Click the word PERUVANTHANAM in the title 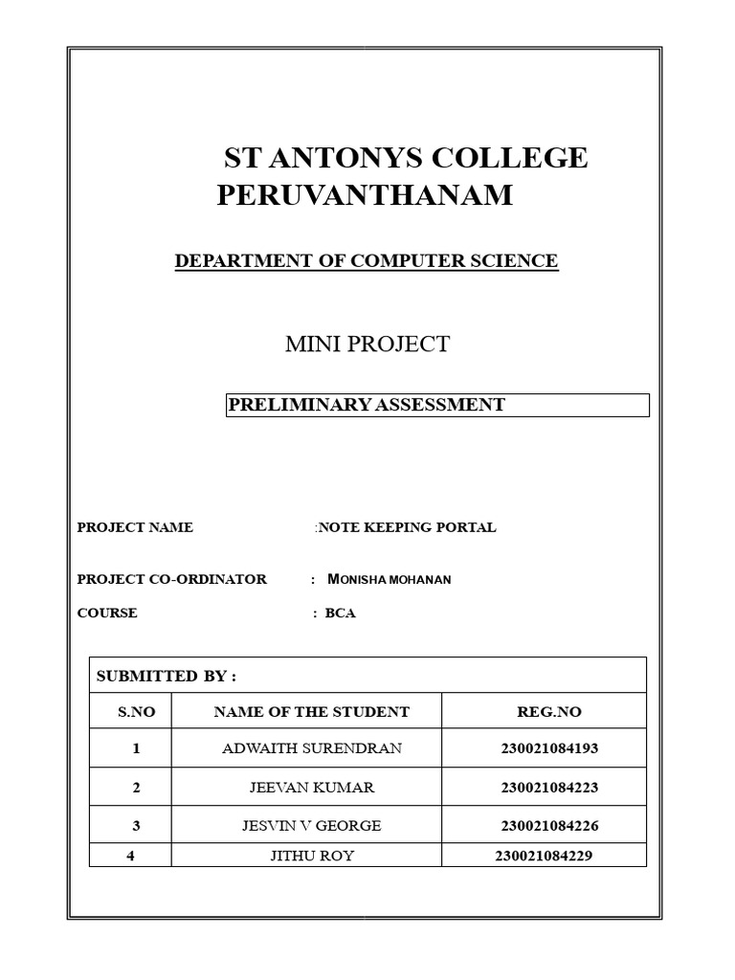(x=365, y=195)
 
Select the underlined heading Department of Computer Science (x=366, y=260)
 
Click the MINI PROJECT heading (x=367, y=345)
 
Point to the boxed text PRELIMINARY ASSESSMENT (x=367, y=405)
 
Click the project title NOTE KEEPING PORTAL (x=407, y=527)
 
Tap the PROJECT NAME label (x=135, y=527)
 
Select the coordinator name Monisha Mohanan (x=376, y=579)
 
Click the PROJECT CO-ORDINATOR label (x=172, y=579)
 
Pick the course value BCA (x=340, y=612)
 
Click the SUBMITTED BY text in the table (x=167, y=676)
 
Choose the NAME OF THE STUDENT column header (x=311, y=712)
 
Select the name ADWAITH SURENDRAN (x=312, y=748)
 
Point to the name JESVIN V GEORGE (x=312, y=825)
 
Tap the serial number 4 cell (x=130, y=856)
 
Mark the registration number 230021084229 (x=544, y=856)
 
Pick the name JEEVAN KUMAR (x=312, y=788)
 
